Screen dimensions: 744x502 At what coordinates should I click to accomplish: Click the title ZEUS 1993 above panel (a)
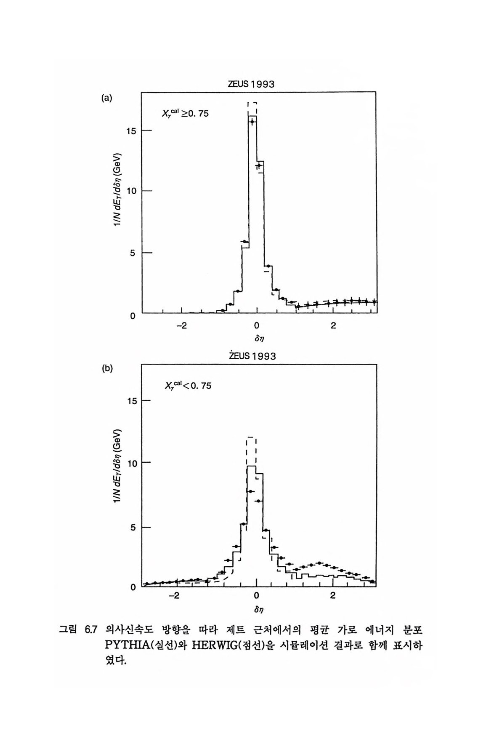[251, 84]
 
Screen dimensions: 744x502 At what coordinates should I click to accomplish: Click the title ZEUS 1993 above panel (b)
[252, 356]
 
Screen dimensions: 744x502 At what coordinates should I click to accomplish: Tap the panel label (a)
[107, 98]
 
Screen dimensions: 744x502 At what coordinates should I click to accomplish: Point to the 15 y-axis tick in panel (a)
[132, 131]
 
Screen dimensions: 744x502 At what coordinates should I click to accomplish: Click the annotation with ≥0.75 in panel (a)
[186, 113]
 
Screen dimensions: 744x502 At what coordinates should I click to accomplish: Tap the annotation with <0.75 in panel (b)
[187, 385]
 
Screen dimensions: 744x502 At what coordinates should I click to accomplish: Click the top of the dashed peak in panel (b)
[252, 437]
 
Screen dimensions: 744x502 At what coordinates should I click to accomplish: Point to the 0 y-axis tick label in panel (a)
[133, 316]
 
